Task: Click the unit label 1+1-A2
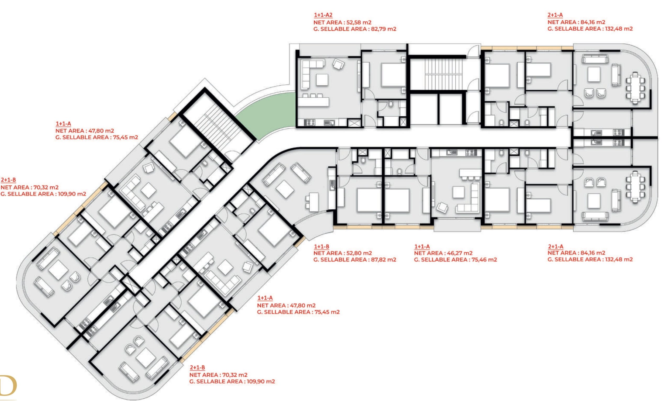coord(323,15)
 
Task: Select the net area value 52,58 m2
coord(359,22)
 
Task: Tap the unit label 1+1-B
coord(321,246)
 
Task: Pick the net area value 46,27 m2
coord(460,253)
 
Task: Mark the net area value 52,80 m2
coord(359,253)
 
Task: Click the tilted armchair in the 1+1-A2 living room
coord(338,64)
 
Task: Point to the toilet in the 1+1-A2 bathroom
coord(391,104)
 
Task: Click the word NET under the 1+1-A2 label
coord(319,22)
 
